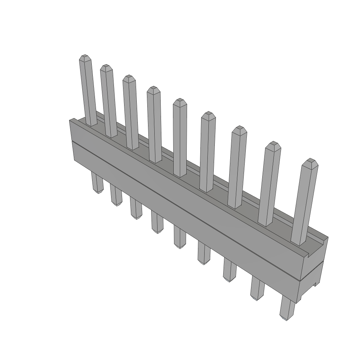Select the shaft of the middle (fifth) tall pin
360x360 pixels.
point(180,141)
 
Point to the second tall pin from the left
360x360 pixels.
point(108,102)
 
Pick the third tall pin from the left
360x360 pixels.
point(131,112)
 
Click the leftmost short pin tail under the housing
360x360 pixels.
point(97,183)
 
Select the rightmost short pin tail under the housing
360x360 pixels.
point(287,309)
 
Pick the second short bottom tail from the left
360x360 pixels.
point(116,195)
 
